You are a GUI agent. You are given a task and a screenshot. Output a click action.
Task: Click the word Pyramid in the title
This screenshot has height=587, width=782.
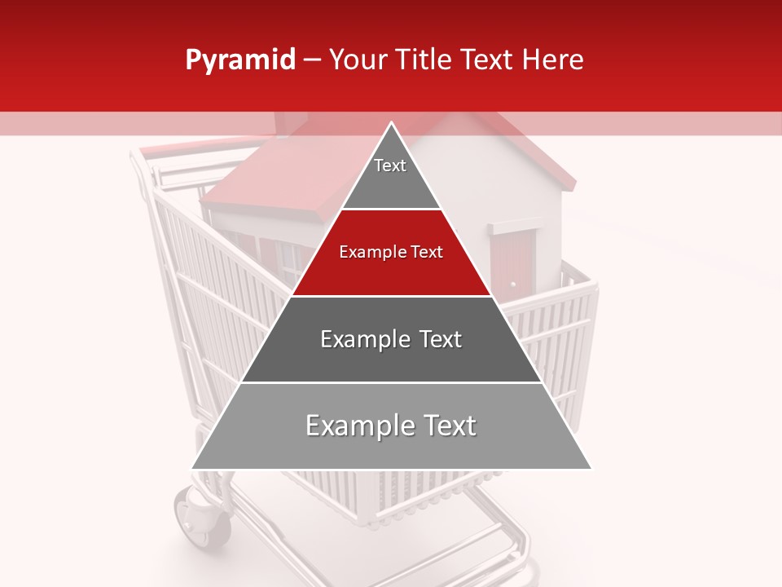pyautogui.click(x=239, y=60)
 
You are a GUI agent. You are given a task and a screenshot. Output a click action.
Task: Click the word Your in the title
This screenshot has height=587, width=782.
pyautogui.click(x=356, y=60)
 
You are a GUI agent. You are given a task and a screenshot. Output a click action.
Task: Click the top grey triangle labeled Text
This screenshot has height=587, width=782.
pyautogui.click(x=391, y=175)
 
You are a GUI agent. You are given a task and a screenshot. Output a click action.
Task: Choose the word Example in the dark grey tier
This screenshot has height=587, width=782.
pyautogui.click(x=357, y=339)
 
